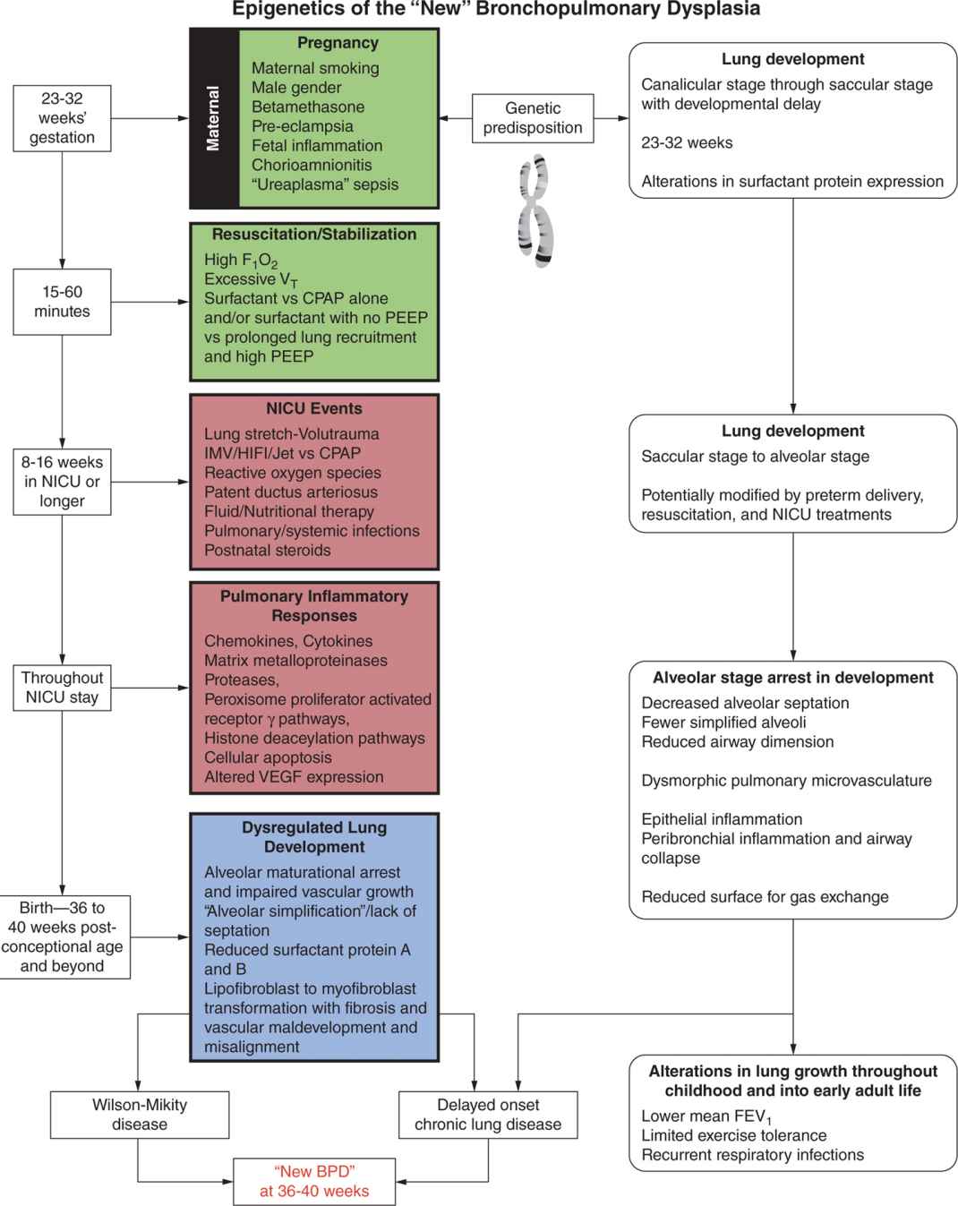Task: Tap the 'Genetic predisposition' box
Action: click(533, 118)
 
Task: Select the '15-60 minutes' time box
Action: click(63, 302)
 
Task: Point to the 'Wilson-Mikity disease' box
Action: click(140, 1115)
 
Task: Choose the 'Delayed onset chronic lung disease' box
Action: click(488, 1115)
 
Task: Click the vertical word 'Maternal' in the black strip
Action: click(213, 118)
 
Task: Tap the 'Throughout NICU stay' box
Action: click(63, 688)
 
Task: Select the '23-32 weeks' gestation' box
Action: click(62, 118)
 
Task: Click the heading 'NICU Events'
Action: click(314, 408)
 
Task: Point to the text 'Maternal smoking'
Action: click(315, 68)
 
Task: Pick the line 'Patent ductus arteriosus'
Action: click(291, 492)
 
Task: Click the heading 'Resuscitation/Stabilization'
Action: click(314, 235)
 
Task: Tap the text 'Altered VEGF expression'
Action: click(294, 777)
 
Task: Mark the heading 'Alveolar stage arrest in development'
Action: click(792, 678)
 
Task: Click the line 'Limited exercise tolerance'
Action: click(734, 1135)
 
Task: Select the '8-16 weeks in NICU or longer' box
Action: click(63, 482)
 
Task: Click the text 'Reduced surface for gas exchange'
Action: click(765, 897)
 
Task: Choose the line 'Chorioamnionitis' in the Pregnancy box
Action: click(312, 166)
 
